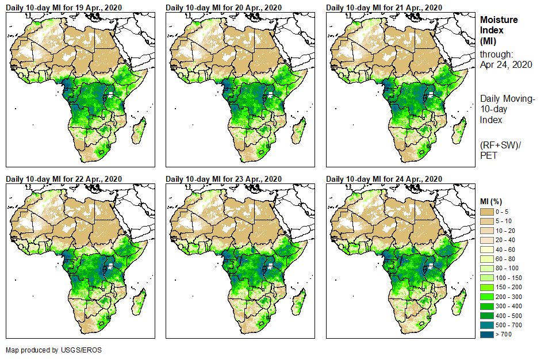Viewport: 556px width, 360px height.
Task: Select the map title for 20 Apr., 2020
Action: [x=224, y=7]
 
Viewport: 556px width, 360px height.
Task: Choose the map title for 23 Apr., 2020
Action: [x=224, y=179]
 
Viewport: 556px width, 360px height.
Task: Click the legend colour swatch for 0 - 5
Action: [x=488, y=213]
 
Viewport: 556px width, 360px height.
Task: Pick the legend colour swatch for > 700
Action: [x=488, y=334]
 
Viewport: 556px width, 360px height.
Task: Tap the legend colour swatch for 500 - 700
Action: [x=488, y=325]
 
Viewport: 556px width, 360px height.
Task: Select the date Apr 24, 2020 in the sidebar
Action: [x=506, y=64]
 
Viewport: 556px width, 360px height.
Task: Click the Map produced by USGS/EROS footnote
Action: [x=49, y=350]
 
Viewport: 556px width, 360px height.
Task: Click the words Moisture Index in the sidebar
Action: [x=499, y=24]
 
